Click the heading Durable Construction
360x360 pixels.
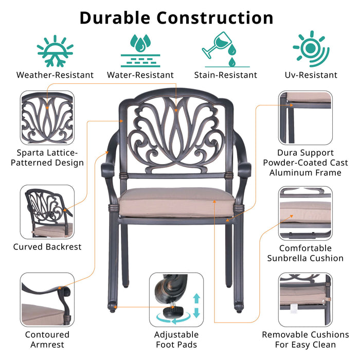pos(176,18)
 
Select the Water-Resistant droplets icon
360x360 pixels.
pos(140,51)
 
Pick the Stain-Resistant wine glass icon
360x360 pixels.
pos(224,49)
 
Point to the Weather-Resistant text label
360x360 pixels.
pos(55,75)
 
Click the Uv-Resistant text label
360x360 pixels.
pos(311,75)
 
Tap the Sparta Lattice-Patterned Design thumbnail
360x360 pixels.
pos(47,117)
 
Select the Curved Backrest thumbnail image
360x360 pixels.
pos(47,211)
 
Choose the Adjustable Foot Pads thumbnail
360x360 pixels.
pos(176,300)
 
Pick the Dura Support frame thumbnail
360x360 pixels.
pos(305,117)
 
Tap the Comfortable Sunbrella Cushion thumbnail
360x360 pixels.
pos(305,211)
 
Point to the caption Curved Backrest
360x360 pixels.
pos(47,247)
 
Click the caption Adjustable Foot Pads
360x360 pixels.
pos(176,339)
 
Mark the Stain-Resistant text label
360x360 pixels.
pos(225,75)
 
